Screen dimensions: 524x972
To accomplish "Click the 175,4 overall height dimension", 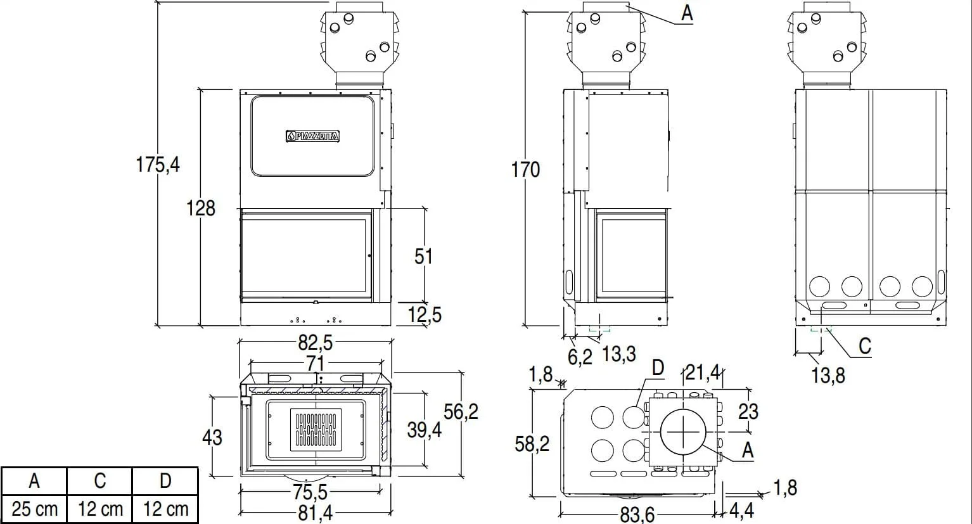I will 158,165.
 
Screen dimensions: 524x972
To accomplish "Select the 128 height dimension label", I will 200,208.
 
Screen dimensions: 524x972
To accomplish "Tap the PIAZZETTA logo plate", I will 312,136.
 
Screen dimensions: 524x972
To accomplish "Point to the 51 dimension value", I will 423,256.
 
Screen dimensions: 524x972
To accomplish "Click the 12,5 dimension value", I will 425,314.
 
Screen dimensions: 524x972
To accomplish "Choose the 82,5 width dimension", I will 315,343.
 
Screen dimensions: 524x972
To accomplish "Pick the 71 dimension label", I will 315,363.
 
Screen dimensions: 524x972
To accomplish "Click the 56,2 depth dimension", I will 461,412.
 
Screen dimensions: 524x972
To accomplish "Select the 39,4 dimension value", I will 424,430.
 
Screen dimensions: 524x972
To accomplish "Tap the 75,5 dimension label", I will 310,492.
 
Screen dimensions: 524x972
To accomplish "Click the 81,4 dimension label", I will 315,513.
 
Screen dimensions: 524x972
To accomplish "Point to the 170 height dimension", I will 526,170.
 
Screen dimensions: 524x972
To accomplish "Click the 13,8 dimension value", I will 828,376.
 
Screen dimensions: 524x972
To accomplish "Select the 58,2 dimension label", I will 532,444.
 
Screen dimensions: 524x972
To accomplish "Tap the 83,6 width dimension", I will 637,514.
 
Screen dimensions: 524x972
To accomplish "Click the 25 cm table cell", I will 34,509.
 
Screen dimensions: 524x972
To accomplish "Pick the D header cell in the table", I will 165,482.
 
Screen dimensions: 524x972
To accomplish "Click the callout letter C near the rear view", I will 864,346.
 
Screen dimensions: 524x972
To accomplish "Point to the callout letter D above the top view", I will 658,367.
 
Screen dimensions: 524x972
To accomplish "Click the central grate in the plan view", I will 315,430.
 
